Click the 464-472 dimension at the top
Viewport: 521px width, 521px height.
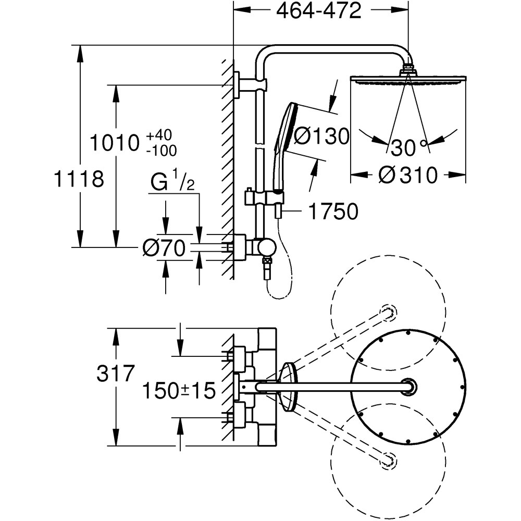pos(319,11)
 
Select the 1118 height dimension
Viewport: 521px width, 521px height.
pos(79,179)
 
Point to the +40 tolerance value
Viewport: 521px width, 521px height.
pos(158,135)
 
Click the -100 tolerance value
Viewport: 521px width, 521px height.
pos(161,151)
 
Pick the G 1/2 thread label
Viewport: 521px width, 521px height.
pos(172,183)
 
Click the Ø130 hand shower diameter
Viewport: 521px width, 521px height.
pos(320,137)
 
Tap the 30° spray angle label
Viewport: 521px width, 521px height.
pos(410,148)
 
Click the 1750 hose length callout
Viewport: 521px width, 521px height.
pos(333,212)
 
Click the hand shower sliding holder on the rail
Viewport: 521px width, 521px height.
pos(266,197)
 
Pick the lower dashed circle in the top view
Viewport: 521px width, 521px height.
pos(388,458)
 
